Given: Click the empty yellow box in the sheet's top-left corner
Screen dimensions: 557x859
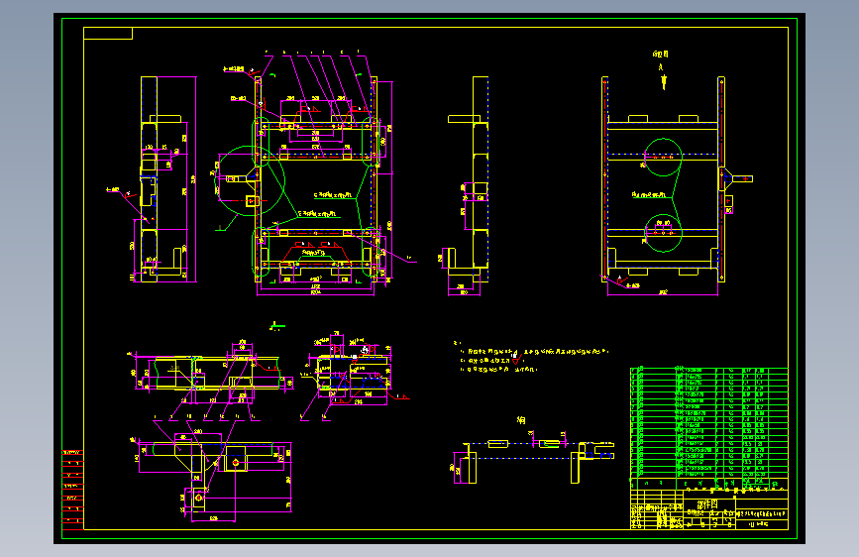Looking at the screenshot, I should point(108,34).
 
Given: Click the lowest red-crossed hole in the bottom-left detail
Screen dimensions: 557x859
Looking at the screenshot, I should point(198,500).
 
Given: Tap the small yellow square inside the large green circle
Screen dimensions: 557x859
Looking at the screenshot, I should point(251,201).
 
